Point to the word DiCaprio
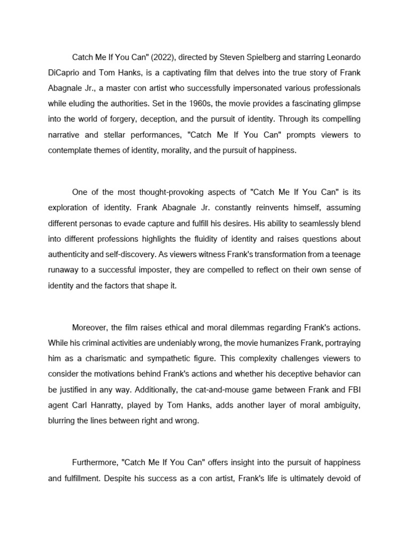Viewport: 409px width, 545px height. coord(65,72)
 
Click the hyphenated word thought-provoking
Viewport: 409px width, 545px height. coord(158,192)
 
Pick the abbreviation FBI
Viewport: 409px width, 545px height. coord(354,389)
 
